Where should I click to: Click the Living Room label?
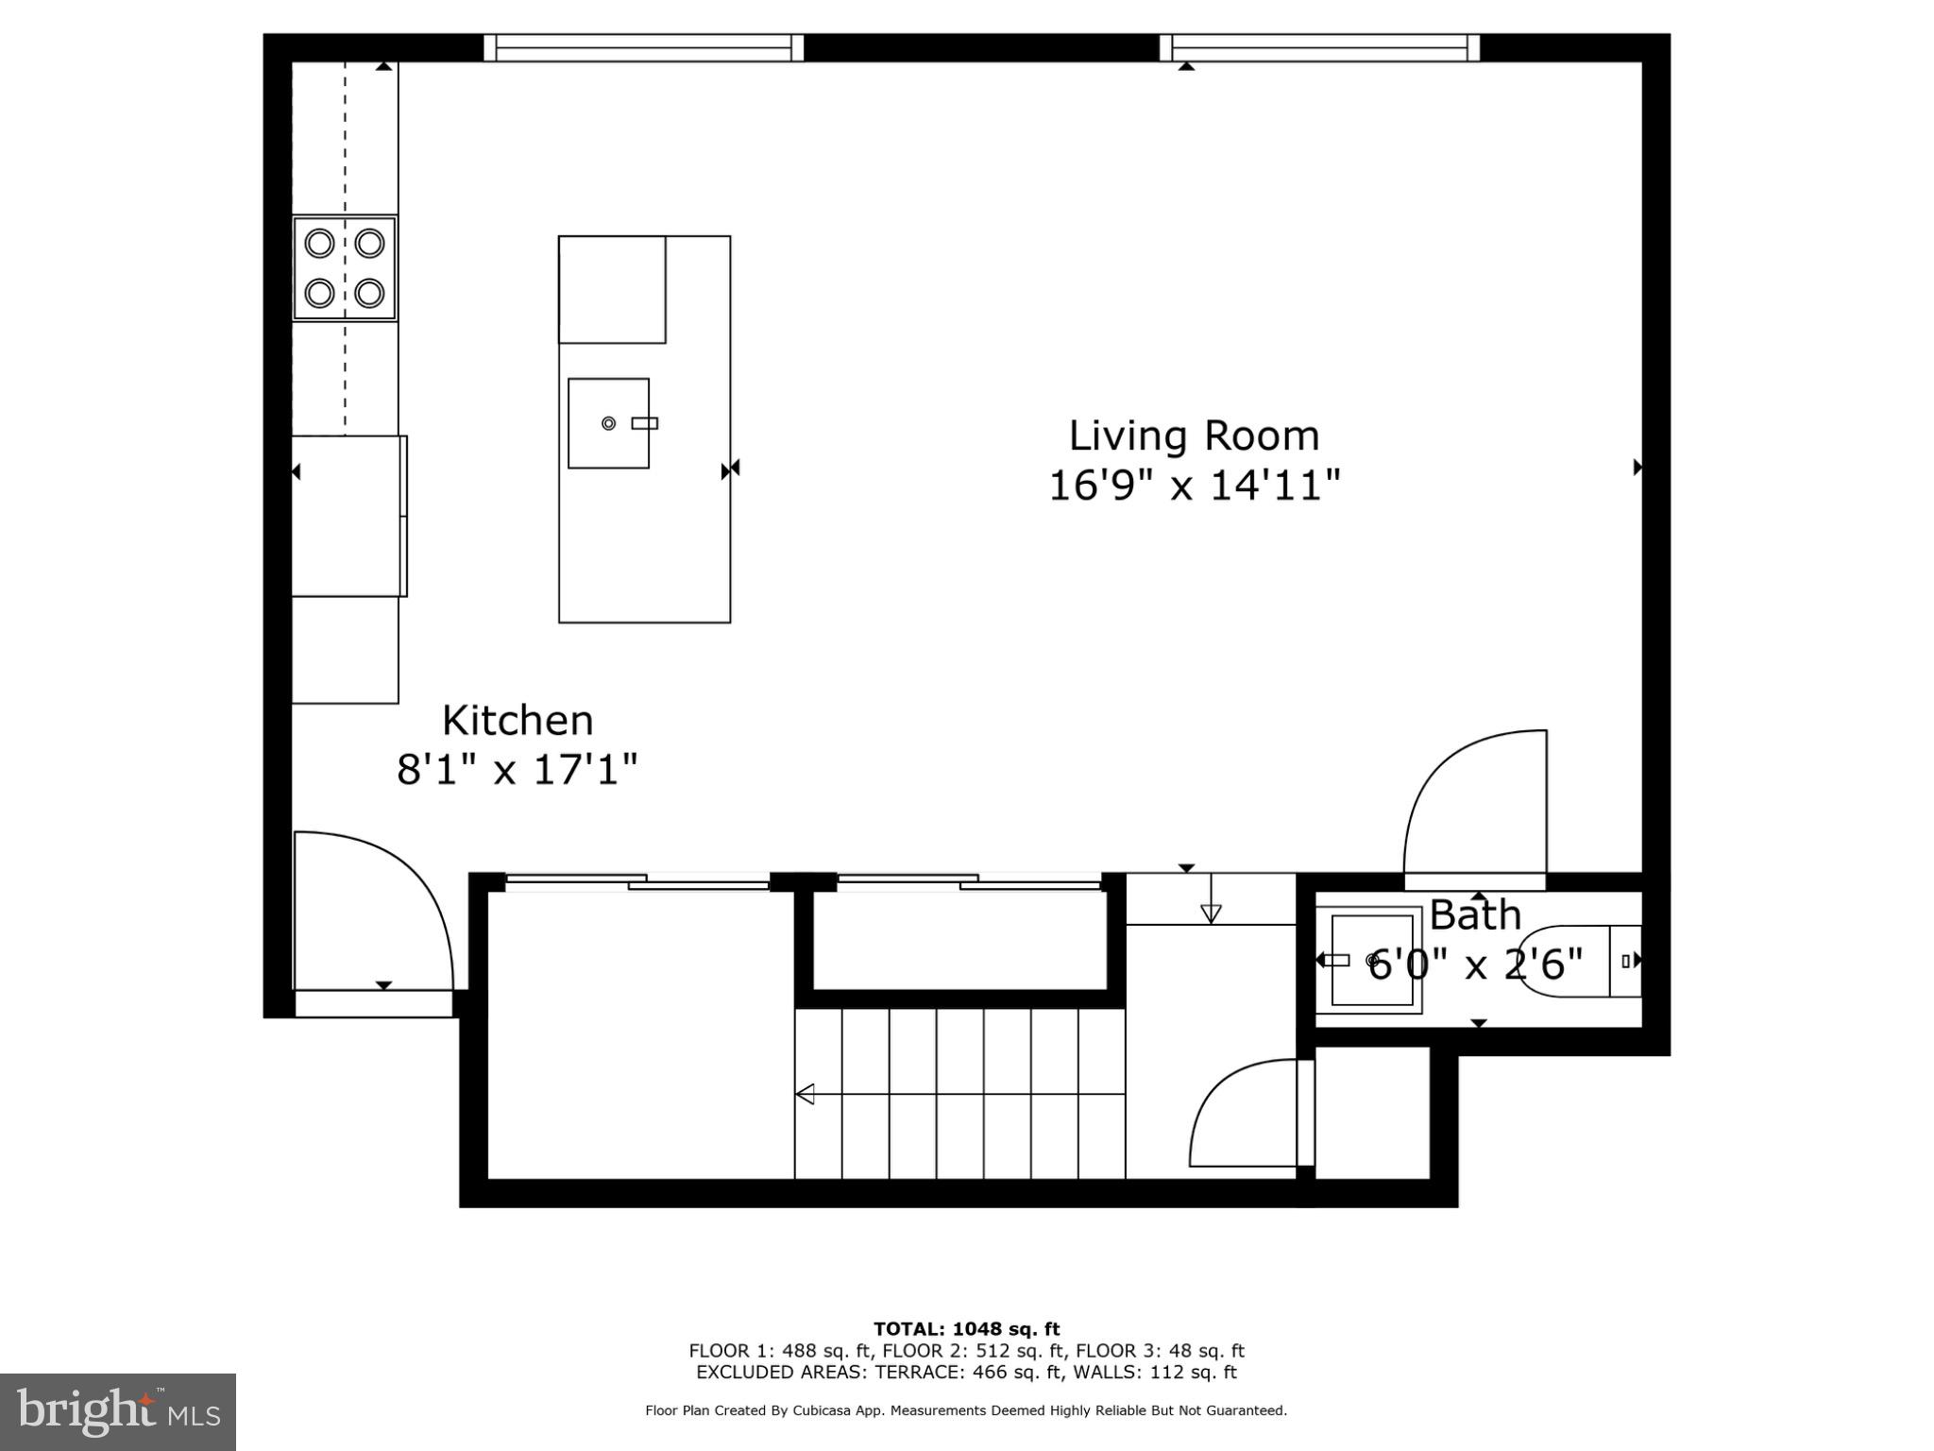point(1194,436)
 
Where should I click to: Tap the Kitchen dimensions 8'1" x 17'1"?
point(517,769)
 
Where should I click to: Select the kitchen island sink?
point(608,423)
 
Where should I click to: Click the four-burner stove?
point(344,268)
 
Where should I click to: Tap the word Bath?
point(1475,915)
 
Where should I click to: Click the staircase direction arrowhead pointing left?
point(806,1094)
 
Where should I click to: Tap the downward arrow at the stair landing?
point(1211,913)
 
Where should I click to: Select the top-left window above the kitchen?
point(643,47)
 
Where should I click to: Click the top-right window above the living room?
point(1319,47)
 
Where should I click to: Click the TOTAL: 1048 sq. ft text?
point(966,1329)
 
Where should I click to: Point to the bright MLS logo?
point(118,1412)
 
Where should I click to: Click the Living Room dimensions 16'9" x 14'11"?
point(1195,486)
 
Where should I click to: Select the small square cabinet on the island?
point(612,289)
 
